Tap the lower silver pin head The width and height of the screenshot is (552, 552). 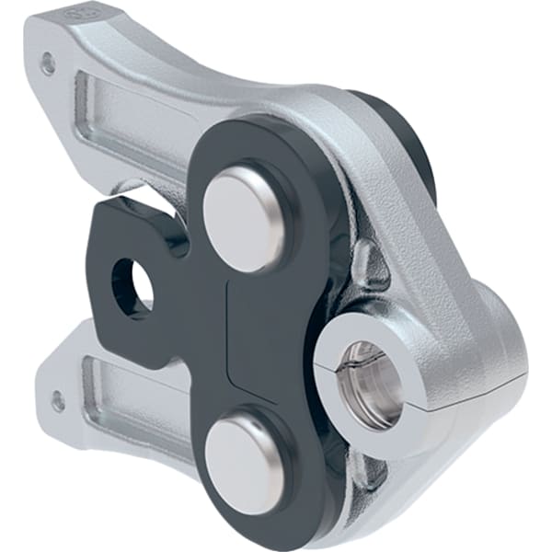tap(243, 454)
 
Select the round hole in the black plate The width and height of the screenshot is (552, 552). tap(132, 284)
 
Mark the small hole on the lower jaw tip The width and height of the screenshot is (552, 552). tap(58, 401)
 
